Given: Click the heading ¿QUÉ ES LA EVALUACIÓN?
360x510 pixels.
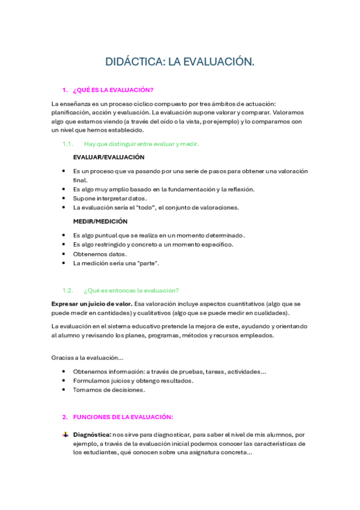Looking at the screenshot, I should tap(113, 90).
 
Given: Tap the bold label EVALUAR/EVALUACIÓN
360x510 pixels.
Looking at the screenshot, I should tap(109, 157).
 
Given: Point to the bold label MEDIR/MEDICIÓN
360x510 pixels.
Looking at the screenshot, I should tap(100, 221).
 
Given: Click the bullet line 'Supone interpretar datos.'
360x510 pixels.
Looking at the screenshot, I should tap(110, 198).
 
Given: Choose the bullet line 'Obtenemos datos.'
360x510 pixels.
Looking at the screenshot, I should tap(100, 254).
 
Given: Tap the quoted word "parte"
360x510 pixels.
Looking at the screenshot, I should tap(147, 263).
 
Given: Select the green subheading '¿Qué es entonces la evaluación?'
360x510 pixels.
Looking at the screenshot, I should tap(131, 290).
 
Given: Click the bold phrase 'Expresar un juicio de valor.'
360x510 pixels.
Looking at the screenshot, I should tap(91, 303).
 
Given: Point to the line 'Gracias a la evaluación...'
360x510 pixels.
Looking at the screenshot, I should tap(87, 358).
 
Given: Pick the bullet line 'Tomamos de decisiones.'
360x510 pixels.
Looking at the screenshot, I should tap(109, 390).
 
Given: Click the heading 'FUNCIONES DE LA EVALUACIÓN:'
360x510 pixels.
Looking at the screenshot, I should tap(123, 417).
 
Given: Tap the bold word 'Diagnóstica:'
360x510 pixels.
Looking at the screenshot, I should tap(92, 434).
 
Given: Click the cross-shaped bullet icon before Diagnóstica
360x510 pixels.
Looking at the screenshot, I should tap(65, 434).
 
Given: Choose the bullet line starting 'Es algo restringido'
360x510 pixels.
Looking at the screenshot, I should tap(153, 244).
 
